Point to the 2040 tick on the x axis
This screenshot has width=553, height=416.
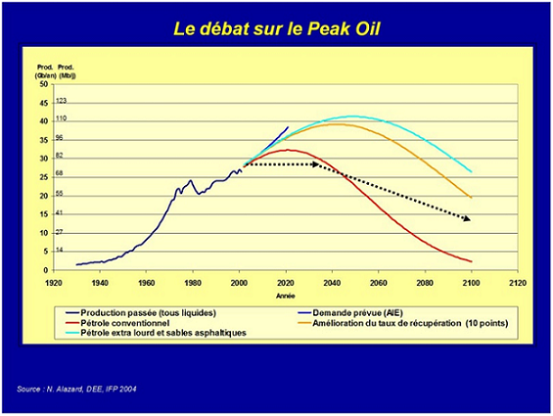coord(333,279)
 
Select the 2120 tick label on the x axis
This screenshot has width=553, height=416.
coord(517,279)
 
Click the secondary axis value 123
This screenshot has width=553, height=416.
coord(61,101)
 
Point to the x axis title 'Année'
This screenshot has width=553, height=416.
coord(285,293)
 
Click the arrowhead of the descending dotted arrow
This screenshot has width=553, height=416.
coord(468,219)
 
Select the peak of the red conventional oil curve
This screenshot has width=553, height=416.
coord(287,150)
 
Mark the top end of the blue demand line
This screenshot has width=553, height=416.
coord(289,127)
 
